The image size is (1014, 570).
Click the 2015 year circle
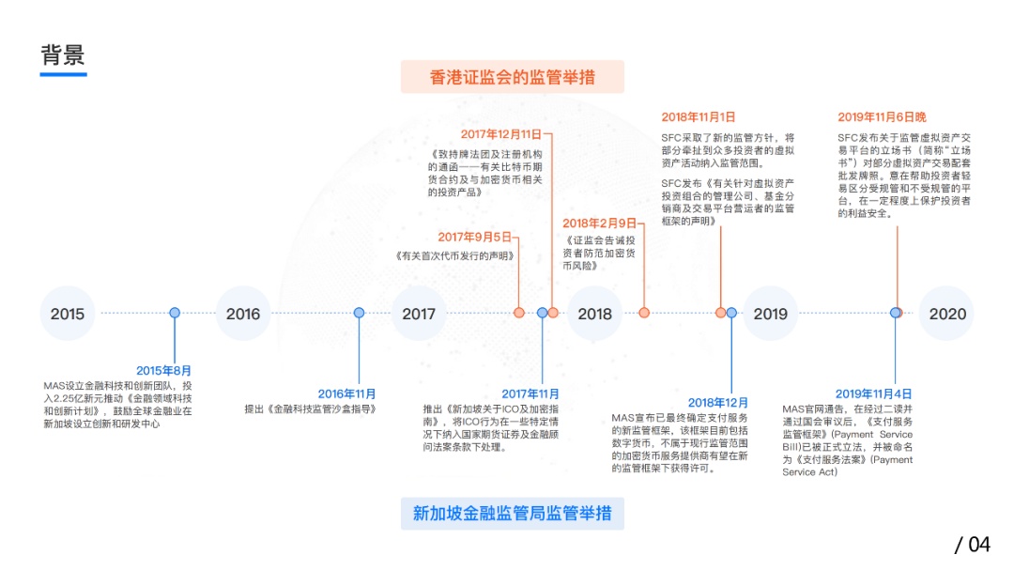68,313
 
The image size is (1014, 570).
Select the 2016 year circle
243,313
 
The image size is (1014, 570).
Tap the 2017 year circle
419,313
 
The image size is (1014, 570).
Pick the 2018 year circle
595,313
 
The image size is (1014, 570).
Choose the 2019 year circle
771,313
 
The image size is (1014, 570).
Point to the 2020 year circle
946,313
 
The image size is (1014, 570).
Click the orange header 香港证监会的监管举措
513,77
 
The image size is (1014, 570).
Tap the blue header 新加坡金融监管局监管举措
513,514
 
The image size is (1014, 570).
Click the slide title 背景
63,55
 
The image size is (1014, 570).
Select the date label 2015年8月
163,371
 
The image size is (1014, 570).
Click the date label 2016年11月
346,394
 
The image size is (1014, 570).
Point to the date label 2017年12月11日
501,134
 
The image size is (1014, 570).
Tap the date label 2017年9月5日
475,238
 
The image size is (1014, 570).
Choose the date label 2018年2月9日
599,223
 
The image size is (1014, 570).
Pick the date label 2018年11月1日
699,117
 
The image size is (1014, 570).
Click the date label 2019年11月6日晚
882,117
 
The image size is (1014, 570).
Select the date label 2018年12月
718,403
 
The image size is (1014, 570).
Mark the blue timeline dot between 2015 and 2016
175,313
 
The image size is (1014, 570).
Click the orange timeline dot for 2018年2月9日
644,313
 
